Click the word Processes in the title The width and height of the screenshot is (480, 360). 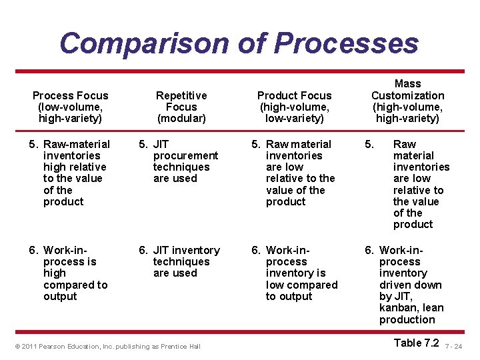point(346,43)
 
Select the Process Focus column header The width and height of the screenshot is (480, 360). point(70,107)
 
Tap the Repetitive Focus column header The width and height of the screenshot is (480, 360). point(181,107)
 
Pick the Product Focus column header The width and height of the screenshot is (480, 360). point(294,107)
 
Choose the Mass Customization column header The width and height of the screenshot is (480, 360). point(407,101)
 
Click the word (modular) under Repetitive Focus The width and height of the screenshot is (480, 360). point(181,118)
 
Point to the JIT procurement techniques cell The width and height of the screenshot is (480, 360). point(178,161)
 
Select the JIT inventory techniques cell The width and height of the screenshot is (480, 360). point(179,261)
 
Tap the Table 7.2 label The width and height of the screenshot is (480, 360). point(416,343)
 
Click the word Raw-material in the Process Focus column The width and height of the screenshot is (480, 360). point(77,144)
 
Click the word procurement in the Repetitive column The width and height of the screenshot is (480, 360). point(185,155)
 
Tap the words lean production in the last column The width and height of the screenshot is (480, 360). point(411,313)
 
